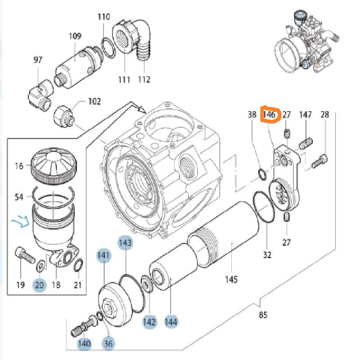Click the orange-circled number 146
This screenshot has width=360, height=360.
click(x=270, y=115)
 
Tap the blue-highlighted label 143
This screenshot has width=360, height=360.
click(x=126, y=243)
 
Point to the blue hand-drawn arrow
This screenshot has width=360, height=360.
click(x=21, y=221)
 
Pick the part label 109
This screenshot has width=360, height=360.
click(x=75, y=36)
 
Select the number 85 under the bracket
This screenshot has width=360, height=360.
click(x=263, y=315)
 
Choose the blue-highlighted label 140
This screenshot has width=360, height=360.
click(x=84, y=344)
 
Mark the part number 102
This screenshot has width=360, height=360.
click(x=94, y=101)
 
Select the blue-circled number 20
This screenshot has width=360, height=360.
click(x=40, y=284)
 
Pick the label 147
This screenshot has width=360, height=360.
click(x=306, y=115)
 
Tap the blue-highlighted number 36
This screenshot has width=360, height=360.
click(x=108, y=344)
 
